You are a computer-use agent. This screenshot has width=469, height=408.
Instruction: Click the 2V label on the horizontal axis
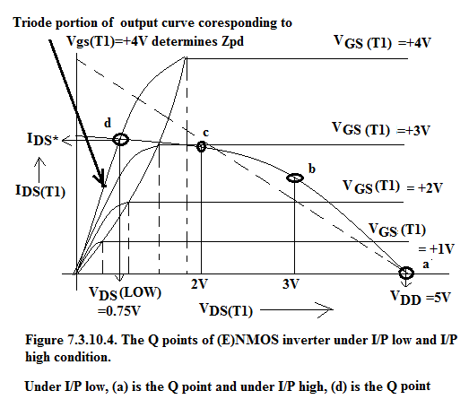pyautogui.click(x=199, y=284)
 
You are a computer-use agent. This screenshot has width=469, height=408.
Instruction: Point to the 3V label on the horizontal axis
pyautogui.click(x=291, y=284)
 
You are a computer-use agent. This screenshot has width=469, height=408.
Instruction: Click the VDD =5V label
pyautogui.click(x=421, y=298)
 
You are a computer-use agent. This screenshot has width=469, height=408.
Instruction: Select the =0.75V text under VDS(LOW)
pyautogui.click(x=118, y=311)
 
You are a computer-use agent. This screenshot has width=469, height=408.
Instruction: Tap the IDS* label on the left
pyautogui.click(x=43, y=139)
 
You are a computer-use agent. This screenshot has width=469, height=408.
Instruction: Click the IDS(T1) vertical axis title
pyautogui.click(x=40, y=190)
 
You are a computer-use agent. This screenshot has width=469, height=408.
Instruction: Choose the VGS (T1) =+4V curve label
pyautogui.click(x=382, y=42)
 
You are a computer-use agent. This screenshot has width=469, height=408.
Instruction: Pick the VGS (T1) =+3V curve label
pyautogui.click(x=381, y=129)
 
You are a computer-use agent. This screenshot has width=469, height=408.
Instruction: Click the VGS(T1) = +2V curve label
pyautogui.click(x=392, y=187)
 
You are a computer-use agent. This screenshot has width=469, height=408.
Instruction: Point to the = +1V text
pyautogui.click(x=436, y=249)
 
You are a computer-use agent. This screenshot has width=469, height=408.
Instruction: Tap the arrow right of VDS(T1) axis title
pyautogui.click(x=297, y=310)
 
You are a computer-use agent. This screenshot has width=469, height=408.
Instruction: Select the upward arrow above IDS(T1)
pyautogui.click(x=39, y=169)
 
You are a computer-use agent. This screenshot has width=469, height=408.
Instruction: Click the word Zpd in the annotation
pyautogui.click(x=232, y=41)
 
